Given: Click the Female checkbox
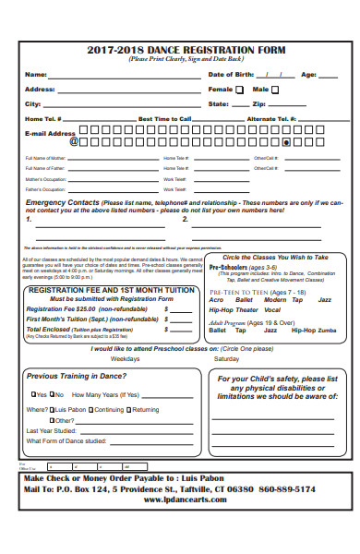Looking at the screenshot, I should pyautogui.click(x=240, y=90).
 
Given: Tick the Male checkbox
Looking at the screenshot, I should pyautogui.click(x=274, y=90).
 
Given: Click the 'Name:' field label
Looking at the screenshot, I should pyautogui.click(x=35, y=75).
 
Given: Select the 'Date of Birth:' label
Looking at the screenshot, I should pyautogui.click(x=231, y=75).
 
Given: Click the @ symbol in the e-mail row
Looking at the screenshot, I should pyautogui.click(x=74, y=142).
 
